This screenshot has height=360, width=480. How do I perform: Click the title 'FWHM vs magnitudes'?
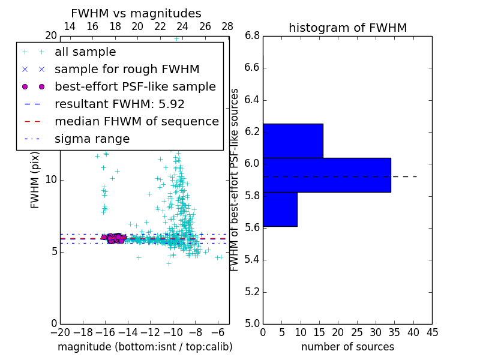pos(136,13)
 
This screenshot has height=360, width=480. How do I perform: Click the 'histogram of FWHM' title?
pos(347,28)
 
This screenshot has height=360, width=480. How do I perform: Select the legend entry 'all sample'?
pos(85,52)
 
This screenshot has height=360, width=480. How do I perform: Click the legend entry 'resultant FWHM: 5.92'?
pos(119,104)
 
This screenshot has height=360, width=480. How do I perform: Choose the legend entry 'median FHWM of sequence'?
pos(136,121)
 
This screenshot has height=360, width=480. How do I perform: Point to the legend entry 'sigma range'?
pos(92,139)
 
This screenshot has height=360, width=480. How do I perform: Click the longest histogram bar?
pos(326,175)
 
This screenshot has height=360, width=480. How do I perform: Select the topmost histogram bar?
pos(293,141)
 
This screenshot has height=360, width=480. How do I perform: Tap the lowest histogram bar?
pos(280,209)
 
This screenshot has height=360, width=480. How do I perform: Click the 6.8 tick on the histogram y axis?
pos(252,35)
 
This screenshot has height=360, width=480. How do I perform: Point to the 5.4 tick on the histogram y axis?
pos(252,260)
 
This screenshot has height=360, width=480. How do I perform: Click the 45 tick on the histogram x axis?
pos(431,332)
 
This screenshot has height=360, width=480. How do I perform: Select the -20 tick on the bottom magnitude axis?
pos(60,332)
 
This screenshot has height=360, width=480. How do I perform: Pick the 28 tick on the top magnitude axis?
pos(227,26)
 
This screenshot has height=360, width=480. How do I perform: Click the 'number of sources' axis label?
pos(347,347)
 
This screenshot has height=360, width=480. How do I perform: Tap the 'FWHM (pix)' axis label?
pos(35,180)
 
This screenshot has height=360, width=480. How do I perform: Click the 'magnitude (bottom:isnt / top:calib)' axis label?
pos(145,347)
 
